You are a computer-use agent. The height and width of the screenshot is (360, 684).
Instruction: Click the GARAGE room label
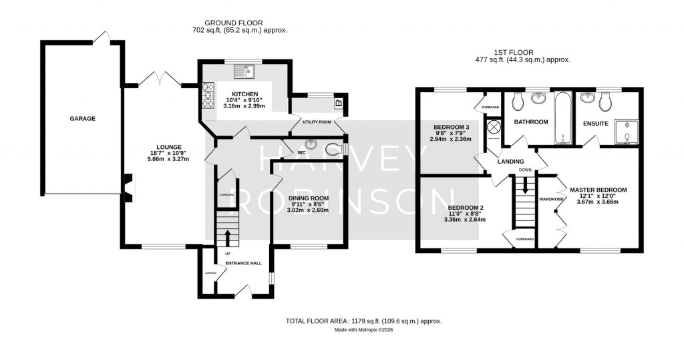(x=83, y=119)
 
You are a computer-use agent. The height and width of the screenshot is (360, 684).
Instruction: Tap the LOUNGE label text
(x=170, y=147)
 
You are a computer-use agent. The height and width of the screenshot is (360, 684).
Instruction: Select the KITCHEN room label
(x=245, y=94)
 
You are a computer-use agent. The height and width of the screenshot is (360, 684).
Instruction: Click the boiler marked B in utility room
(x=338, y=103)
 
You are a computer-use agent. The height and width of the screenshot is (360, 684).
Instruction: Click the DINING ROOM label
(x=309, y=198)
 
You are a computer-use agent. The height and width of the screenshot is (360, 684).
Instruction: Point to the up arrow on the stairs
(x=226, y=237)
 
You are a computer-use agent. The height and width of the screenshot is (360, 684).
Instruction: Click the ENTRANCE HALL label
(x=243, y=263)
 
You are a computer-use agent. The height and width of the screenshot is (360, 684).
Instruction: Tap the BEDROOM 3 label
(x=452, y=127)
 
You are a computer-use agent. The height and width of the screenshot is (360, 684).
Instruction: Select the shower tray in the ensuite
(x=626, y=131)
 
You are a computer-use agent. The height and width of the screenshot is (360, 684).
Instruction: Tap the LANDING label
(x=510, y=162)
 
